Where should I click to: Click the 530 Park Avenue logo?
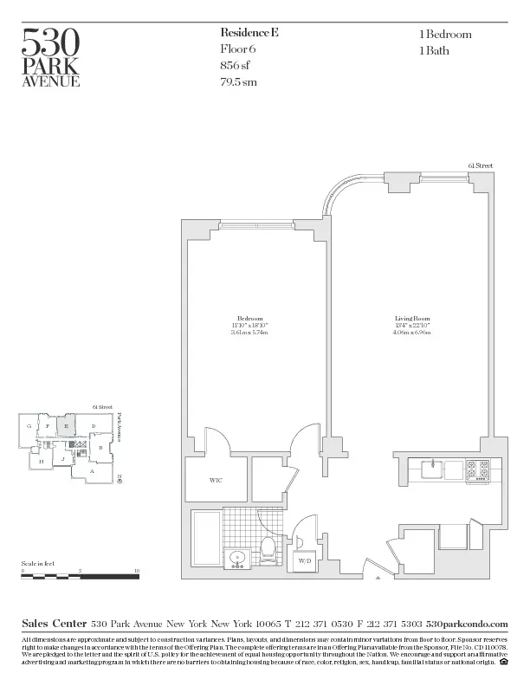click(x=51, y=57)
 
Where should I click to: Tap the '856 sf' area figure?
click(x=240, y=66)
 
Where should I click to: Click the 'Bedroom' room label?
click(x=249, y=319)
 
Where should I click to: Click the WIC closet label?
click(x=216, y=480)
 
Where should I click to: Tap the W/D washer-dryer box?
click(x=305, y=561)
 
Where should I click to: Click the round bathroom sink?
click(x=236, y=557)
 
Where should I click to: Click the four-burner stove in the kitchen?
click(x=477, y=469)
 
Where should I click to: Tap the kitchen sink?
click(x=432, y=469)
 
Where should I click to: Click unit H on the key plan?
click(x=41, y=463)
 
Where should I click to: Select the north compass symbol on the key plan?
click(x=119, y=476)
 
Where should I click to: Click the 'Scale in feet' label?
click(x=38, y=563)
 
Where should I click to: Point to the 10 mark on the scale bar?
click(x=137, y=571)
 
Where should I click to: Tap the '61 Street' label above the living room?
click(x=480, y=165)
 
